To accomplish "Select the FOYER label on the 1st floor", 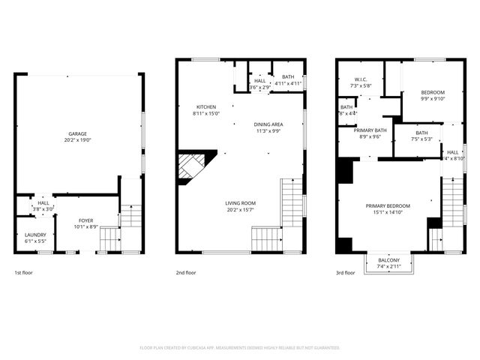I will (86, 220).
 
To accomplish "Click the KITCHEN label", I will (206, 107).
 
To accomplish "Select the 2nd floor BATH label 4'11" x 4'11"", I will (289, 76).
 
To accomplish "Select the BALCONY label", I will (388, 260).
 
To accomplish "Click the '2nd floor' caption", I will (185, 273).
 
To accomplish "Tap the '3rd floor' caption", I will (346, 273).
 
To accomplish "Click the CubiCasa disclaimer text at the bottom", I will (240, 347).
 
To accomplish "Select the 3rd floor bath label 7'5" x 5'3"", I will (421, 133).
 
